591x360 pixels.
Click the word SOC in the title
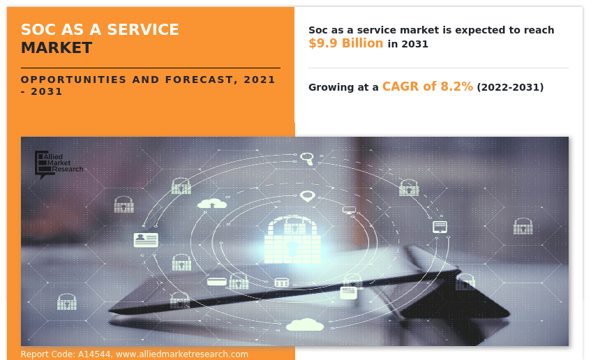pyautogui.click(x=36, y=30)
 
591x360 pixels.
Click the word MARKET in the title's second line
pyautogui.click(x=56, y=48)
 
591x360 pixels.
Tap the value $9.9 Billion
pyautogui.click(x=345, y=43)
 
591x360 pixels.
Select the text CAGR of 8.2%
pyautogui.click(x=427, y=87)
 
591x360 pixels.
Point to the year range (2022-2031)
pyautogui.click(x=510, y=87)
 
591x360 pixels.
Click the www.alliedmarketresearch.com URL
pyautogui.click(x=182, y=354)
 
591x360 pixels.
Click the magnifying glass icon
pyautogui.click(x=307, y=158)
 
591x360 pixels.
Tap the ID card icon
pyautogui.click(x=146, y=240)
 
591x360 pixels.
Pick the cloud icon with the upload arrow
pyautogui.click(x=212, y=204)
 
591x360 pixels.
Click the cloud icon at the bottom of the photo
pyautogui.click(x=305, y=325)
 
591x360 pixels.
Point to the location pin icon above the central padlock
pyautogui.click(x=307, y=196)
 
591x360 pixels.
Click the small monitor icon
pyautogui.click(x=349, y=210)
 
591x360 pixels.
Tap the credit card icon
pyautogui.click(x=217, y=281)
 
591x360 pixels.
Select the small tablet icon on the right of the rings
pyautogui.click(x=440, y=227)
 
